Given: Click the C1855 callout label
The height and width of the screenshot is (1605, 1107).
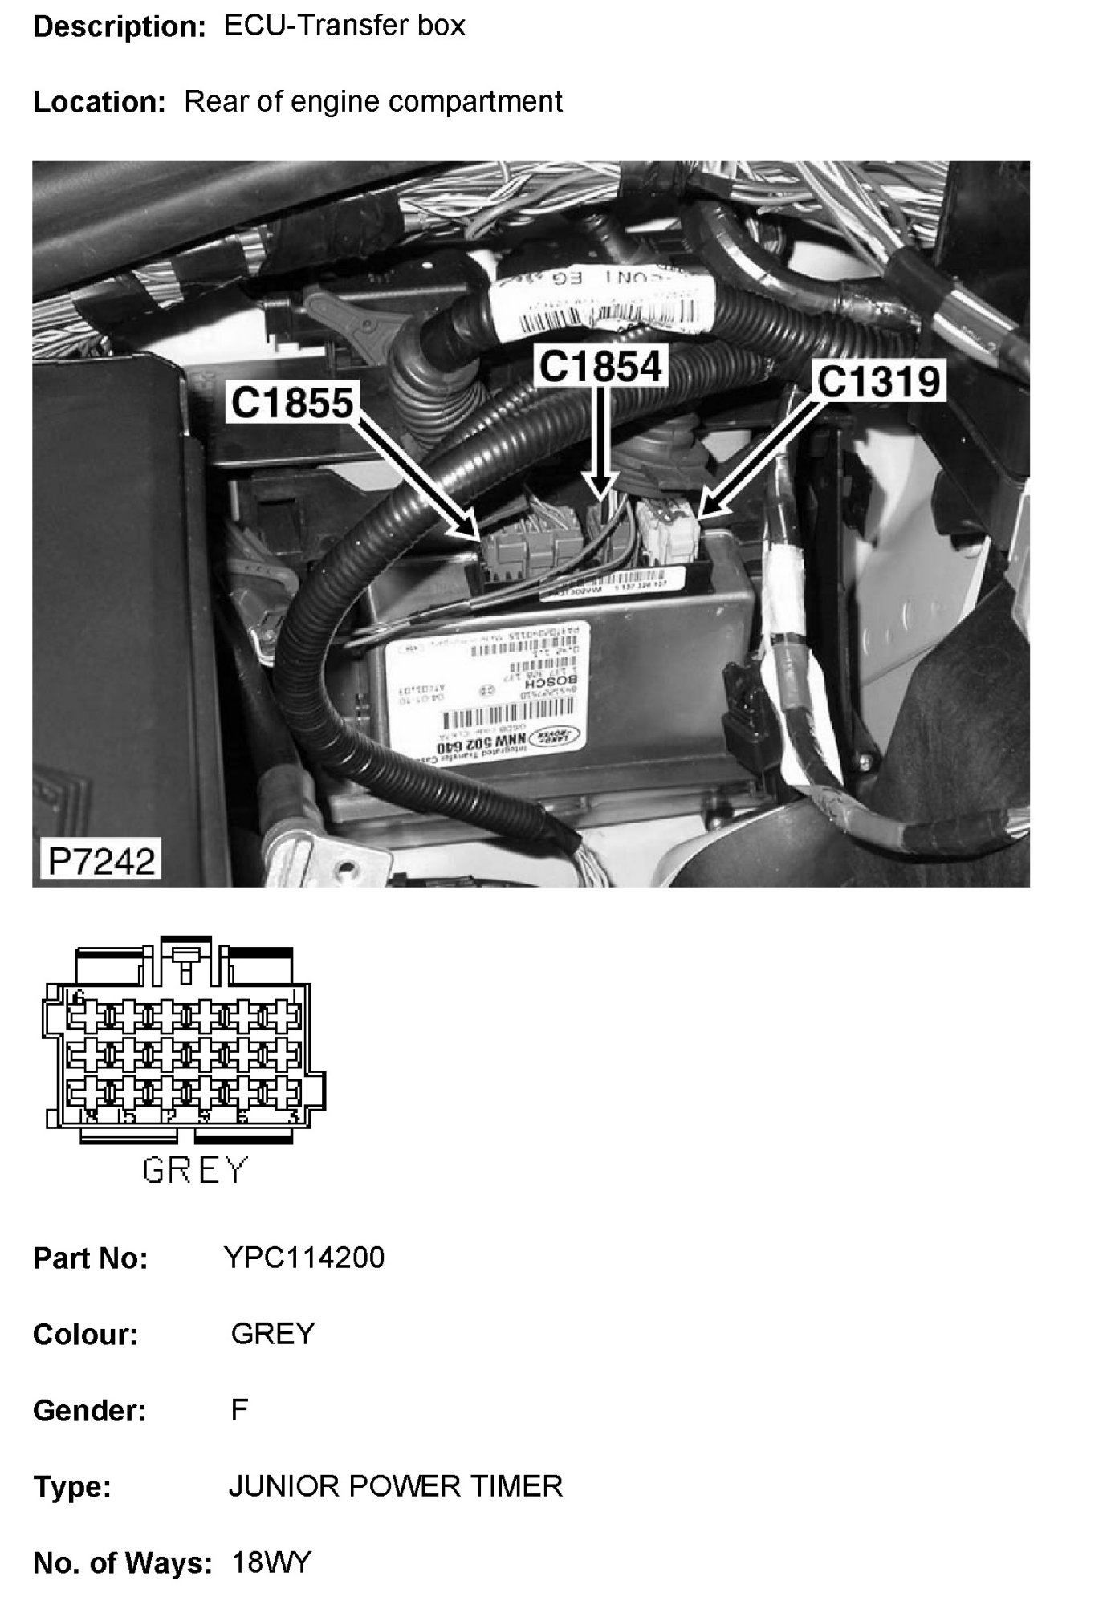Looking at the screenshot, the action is point(292,402).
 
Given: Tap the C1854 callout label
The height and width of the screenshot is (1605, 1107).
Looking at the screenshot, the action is point(601,366).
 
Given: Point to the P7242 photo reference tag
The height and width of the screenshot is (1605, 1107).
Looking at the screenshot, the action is point(101,861).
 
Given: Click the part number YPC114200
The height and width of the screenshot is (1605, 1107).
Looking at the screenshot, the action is point(304,1258).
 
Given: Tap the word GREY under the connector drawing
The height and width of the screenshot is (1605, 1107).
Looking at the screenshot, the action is point(195,1170).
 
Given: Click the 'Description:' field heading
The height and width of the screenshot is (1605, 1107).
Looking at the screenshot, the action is point(120,27).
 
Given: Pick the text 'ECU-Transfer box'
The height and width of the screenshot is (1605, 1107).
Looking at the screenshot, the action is point(344,26).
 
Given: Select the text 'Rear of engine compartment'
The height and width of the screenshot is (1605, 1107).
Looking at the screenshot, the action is point(373,102).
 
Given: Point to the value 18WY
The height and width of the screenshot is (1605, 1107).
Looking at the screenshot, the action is point(271,1562).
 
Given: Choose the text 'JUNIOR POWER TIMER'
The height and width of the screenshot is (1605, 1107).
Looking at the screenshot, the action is point(396,1486).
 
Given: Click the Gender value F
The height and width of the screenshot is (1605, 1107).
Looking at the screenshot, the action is point(239,1410).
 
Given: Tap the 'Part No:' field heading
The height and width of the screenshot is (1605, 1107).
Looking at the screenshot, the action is point(90,1258).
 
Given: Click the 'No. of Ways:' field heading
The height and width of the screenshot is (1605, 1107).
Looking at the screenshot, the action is point(122,1563).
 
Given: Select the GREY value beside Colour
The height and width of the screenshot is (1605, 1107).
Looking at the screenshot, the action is point(273,1334).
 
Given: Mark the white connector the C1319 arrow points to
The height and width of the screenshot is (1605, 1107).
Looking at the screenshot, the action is point(670,529).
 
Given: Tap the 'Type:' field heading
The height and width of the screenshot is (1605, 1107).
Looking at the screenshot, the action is point(72,1487).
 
